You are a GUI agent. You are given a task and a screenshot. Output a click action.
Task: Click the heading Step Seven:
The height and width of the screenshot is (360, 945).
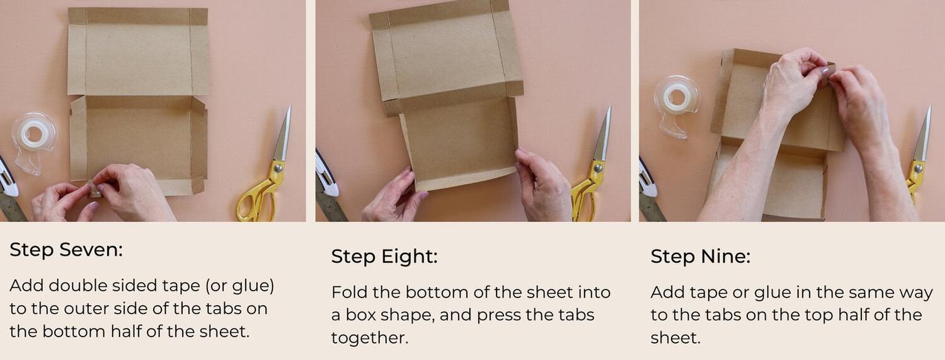tap(66, 250)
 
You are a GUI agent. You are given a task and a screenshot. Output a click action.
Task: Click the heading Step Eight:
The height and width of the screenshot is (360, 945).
tap(384, 257)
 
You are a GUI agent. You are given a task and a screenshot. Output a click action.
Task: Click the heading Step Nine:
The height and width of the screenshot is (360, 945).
tap(701, 257)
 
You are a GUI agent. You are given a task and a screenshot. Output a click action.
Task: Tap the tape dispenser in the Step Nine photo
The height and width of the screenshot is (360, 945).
tap(677, 103)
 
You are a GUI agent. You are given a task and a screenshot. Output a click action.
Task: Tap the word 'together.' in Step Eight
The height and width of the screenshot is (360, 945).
tap(365, 338)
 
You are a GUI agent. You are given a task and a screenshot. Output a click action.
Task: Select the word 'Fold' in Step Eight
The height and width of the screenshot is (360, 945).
tap(349, 293)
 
